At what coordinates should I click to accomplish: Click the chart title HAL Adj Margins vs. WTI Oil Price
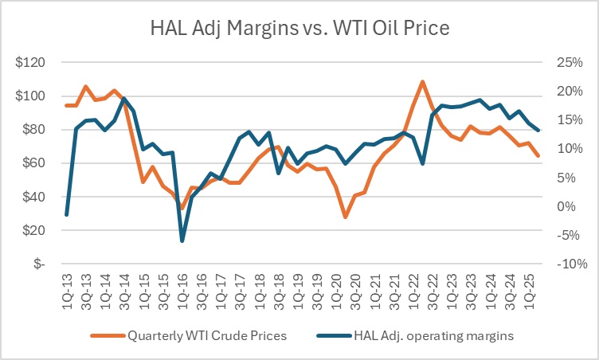[x=299, y=29]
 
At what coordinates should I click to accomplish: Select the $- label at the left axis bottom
[x=39, y=264]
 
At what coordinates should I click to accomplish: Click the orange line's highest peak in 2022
[x=422, y=81]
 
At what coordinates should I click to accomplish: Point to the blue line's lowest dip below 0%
[x=182, y=241]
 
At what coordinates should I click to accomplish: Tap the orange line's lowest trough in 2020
[x=345, y=217]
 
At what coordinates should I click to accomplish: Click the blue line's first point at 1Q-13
[x=67, y=215]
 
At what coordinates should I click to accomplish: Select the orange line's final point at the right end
[x=538, y=156]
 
